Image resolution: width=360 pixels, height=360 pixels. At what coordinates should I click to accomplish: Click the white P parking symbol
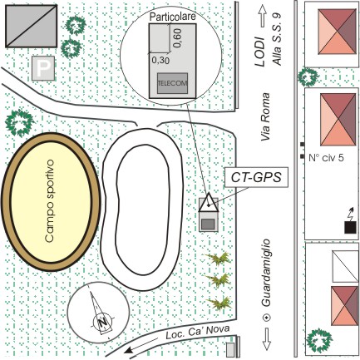click(x=43, y=68)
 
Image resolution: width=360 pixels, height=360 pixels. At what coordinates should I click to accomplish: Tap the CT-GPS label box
click(x=256, y=177)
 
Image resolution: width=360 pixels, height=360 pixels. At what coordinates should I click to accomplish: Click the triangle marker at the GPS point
click(x=209, y=203)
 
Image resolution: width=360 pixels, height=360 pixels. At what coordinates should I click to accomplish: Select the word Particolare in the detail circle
click(x=172, y=17)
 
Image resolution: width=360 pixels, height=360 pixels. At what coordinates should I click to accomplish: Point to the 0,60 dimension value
click(x=178, y=38)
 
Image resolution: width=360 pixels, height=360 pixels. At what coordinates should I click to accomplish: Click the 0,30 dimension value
click(x=160, y=60)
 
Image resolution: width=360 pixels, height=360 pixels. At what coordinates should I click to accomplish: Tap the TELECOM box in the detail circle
click(x=172, y=83)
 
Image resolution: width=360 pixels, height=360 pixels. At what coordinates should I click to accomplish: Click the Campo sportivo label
click(x=51, y=201)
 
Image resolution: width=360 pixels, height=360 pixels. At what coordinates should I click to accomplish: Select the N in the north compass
click(x=102, y=323)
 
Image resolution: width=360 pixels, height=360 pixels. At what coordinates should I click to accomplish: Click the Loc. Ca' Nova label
click(x=198, y=333)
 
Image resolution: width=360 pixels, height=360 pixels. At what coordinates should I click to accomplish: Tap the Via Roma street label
click(x=265, y=116)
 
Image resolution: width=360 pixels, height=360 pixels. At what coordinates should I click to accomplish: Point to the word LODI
click(x=259, y=52)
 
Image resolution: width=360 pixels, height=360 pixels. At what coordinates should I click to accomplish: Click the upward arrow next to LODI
click(x=262, y=17)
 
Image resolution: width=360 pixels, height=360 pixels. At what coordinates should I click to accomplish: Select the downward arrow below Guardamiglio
click(x=267, y=339)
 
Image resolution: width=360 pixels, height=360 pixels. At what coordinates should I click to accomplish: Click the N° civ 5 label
click(x=326, y=158)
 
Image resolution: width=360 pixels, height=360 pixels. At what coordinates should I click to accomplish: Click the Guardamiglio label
click(x=266, y=273)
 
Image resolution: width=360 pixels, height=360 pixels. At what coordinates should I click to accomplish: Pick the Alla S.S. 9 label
click(x=277, y=39)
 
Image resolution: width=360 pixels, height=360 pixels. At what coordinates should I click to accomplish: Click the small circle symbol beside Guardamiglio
click(x=267, y=318)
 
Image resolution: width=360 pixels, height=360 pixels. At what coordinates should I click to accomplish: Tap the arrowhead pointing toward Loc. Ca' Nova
click(x=128, y=351)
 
